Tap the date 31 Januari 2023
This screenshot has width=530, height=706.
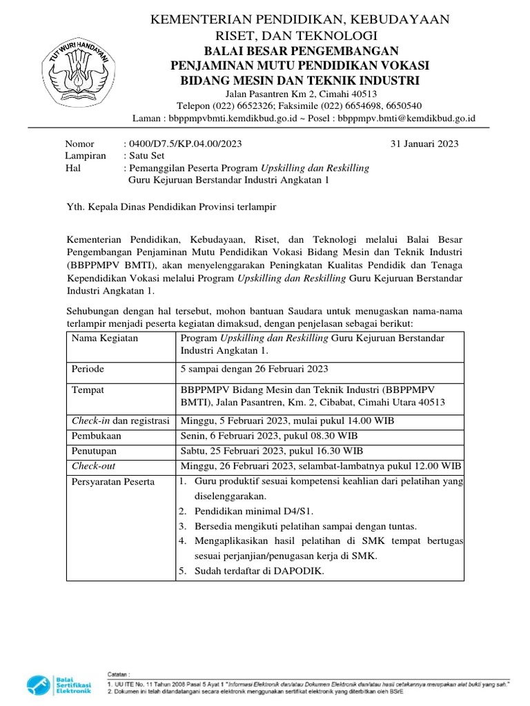pos(424,144)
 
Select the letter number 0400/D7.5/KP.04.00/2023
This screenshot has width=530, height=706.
pos(183,144)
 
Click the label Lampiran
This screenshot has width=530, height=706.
pos(86,156)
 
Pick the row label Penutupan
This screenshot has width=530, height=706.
pos(95,451)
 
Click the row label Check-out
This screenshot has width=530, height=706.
pos(94,466)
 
